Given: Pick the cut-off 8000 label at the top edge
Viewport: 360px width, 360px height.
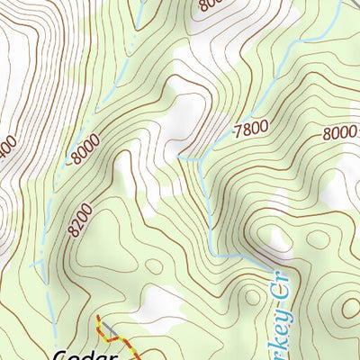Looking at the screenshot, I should pos(209,4).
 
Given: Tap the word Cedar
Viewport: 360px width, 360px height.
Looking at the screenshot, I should pos(85,355).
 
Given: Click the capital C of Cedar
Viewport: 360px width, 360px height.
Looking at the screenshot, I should pos(61,355).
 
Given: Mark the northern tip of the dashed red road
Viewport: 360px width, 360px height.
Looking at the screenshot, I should pos(98,318).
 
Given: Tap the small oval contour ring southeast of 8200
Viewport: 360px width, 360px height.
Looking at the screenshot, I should pos(154,266).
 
